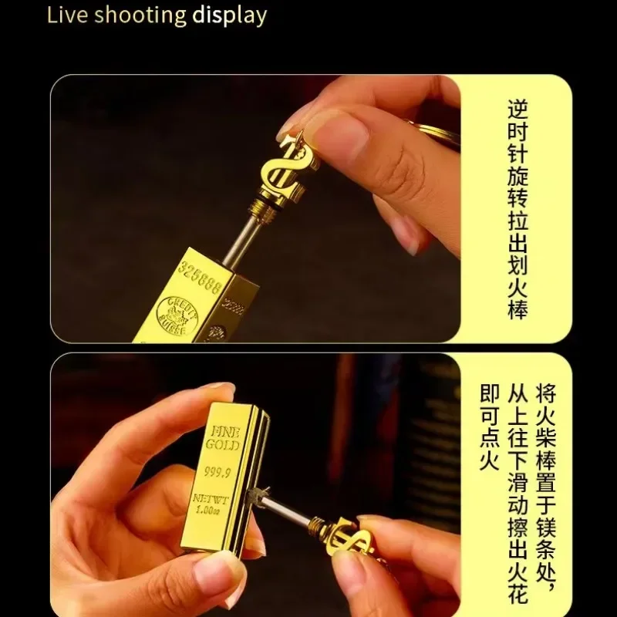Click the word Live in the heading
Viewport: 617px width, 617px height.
point(65,15)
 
